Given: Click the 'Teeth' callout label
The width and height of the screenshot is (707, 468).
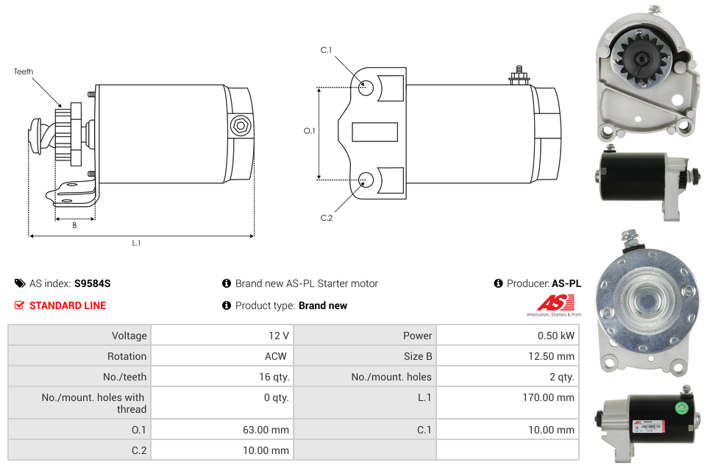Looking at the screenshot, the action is (24, 71).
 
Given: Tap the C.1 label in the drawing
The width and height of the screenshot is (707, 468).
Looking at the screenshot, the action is (326, 50).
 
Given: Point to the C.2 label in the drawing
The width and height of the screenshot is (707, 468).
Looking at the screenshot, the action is (327, 218).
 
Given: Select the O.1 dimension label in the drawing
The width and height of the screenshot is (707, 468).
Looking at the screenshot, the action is (309, 131).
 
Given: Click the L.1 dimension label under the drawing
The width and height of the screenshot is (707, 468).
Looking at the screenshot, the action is (136, 243).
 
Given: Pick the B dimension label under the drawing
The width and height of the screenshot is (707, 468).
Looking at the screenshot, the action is (74, 225).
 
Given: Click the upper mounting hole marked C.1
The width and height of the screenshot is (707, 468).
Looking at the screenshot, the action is (366, 88).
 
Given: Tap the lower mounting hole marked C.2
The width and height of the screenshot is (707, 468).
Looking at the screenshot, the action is (366, 180).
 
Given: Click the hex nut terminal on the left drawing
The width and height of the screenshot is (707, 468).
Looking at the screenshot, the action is (241, 126).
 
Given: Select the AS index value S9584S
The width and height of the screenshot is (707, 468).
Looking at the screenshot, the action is (93, 283).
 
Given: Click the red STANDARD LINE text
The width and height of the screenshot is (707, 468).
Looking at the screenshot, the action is (68, 305).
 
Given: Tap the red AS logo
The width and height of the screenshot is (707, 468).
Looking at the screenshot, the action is (555, 302).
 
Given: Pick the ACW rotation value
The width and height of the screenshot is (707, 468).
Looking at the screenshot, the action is (275, 356).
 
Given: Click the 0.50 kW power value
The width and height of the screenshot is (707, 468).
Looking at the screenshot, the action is (556, 336).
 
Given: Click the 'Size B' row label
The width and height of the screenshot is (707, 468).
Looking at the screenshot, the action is (418, 356).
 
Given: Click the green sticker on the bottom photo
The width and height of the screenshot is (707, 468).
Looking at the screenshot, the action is (682, 408).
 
